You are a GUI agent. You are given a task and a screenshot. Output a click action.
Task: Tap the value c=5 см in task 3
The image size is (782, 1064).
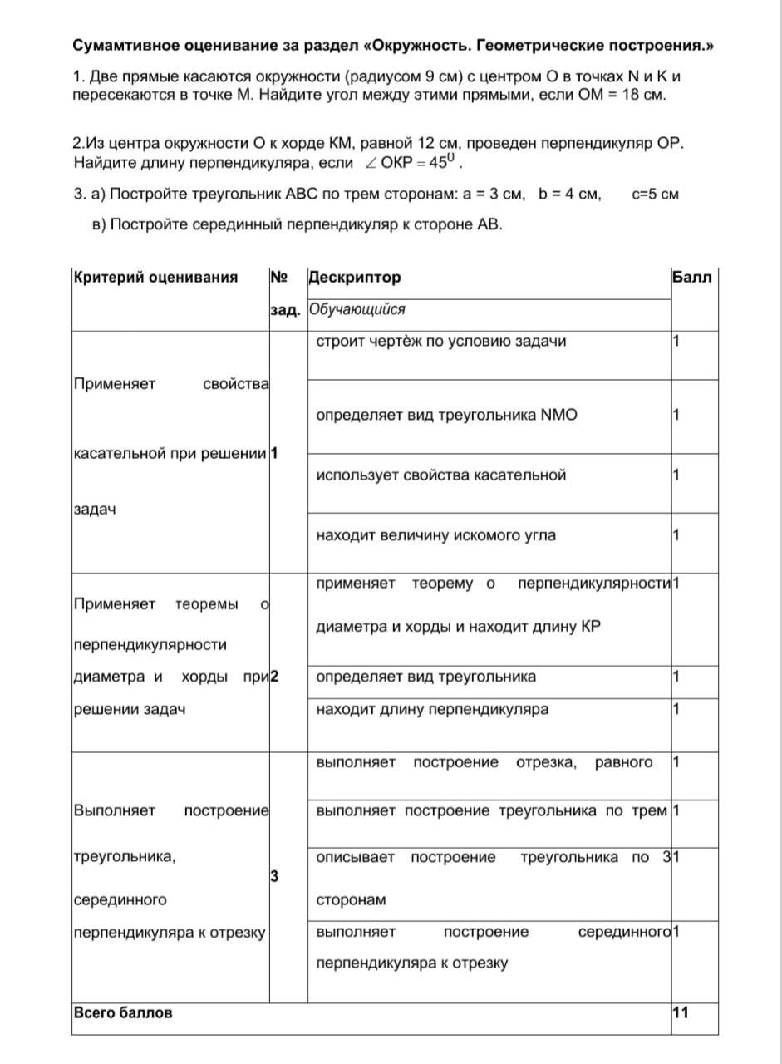pos(656,195)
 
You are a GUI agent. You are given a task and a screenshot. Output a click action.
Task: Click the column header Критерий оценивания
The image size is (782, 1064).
pos(155,278)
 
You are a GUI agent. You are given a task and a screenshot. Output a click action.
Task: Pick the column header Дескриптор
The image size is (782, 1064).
pos(354,278)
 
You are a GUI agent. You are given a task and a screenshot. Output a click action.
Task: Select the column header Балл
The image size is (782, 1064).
pos(691,278)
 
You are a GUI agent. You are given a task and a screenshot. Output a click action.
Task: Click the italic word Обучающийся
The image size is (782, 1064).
pos(357,310)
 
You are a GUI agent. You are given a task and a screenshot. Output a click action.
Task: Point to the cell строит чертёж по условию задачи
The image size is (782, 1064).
pos(441,342)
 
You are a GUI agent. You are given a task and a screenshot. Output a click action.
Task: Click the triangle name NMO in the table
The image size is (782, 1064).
pos(558,415)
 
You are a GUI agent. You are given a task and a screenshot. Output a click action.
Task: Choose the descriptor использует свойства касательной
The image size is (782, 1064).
pos(441,475)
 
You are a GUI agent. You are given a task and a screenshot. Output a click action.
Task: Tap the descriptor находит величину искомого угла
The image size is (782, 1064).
pos(436,535)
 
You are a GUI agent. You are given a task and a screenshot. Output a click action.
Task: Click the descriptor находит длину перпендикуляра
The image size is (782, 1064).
pos(432,710)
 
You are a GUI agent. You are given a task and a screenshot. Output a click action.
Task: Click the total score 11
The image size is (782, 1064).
pos(681,1012)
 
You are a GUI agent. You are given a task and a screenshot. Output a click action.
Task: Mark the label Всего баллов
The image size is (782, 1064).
pos(124,1012)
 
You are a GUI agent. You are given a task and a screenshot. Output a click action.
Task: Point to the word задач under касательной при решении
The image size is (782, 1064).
pos(95,509)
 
